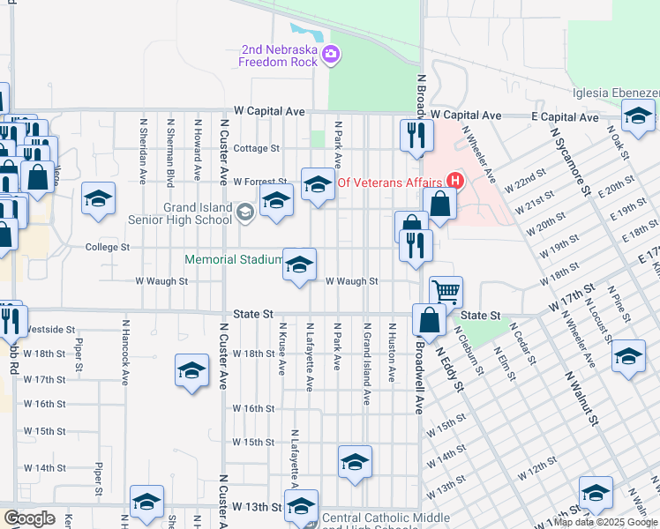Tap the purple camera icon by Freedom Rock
(330, 55)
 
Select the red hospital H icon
(454, 183)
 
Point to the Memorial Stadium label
(233, 260)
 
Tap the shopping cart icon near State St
(446, 291)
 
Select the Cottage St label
(256, 148)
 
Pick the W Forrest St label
(260, 182)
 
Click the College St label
(108, 248)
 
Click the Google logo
(29, 518)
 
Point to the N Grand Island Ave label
(365, 362)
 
